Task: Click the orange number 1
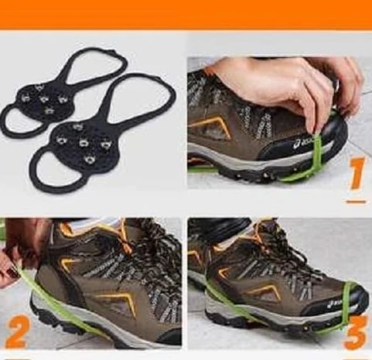point(358,173)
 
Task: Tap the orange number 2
point(18,332)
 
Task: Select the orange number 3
point(356,332)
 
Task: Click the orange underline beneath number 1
point(356,202)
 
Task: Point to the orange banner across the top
point(186,14)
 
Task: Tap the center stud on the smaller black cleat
point(44,98)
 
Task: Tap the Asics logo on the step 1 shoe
point(304,143)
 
